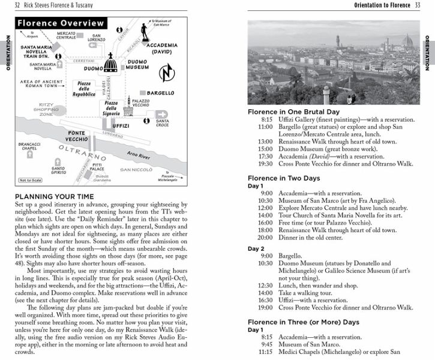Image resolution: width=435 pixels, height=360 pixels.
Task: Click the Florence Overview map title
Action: point(61,24)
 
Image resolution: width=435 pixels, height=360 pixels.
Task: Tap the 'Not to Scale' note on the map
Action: point(29,180)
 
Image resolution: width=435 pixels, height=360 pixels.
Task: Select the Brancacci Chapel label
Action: point(29,146)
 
